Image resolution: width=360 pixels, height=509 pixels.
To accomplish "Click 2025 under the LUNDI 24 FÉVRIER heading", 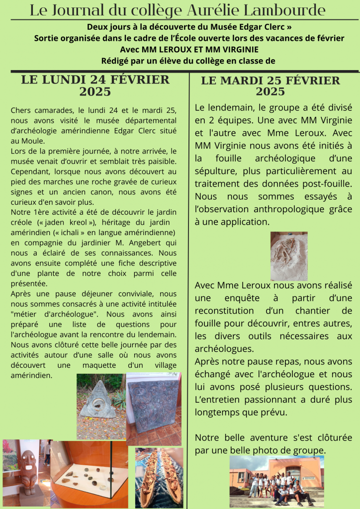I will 95,92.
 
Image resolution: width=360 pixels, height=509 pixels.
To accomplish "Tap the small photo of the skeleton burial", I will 289,256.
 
